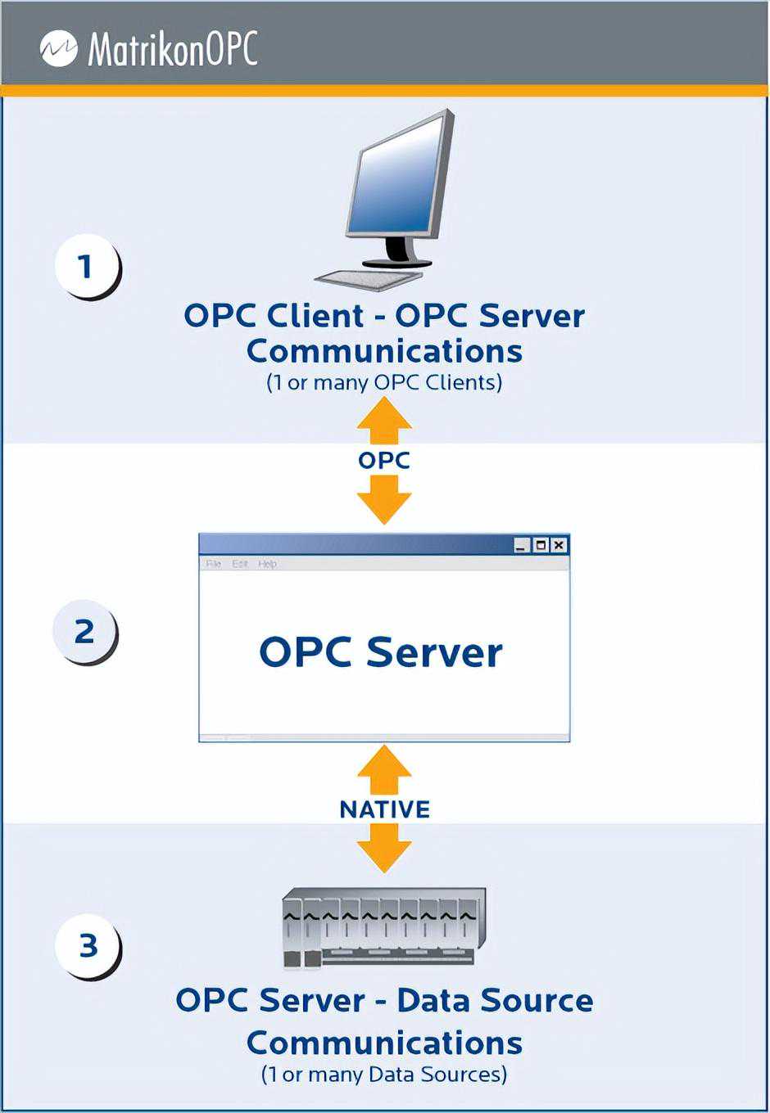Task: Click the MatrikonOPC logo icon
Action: (59, 49)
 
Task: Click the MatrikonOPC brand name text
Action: (173, 49)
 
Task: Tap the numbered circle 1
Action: (86, 266)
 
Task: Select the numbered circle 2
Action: (84, 632)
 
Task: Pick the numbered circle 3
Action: (88, 946)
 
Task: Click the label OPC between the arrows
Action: (384, 460)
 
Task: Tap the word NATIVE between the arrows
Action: (384, 809)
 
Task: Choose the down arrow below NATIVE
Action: (384, 849)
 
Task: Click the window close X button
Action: (559, 545)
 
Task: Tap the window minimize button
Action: (522, 545)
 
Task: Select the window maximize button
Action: (541, 545)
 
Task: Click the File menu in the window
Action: (214, 564)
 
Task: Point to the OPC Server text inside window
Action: (381, 652)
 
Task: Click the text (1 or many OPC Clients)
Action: (384, 382)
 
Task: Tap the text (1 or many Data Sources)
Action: (384, 1075)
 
